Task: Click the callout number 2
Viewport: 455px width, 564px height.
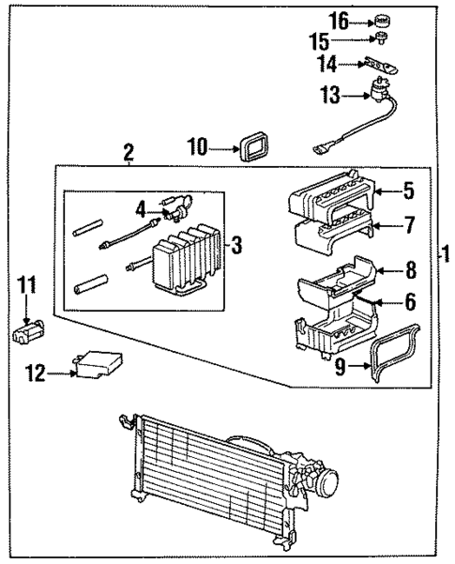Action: tap(129, 149)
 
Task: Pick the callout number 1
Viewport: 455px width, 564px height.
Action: tap(445, 253)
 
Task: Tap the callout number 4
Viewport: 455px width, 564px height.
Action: tap(142, 207)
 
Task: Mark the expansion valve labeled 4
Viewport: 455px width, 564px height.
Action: tap(178, 205)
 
